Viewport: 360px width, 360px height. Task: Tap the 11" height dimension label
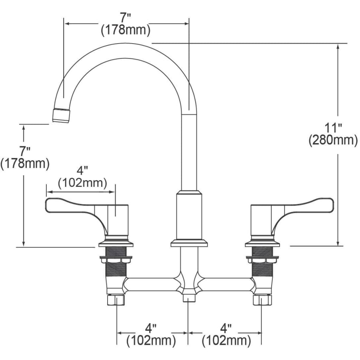(x=333, y=128)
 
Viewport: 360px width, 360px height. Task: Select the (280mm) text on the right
(x=333, y=140)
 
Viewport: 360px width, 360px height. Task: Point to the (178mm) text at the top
(x=126, y=30)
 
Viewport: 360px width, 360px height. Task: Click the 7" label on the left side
(x=24, y=152)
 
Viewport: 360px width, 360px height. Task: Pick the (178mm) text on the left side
(x=25, y=164)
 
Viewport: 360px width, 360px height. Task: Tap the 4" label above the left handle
(x=82, y=171)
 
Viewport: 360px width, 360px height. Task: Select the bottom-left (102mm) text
(x=151, y=340)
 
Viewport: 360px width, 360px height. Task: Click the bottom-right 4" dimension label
(x=226, y=328)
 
